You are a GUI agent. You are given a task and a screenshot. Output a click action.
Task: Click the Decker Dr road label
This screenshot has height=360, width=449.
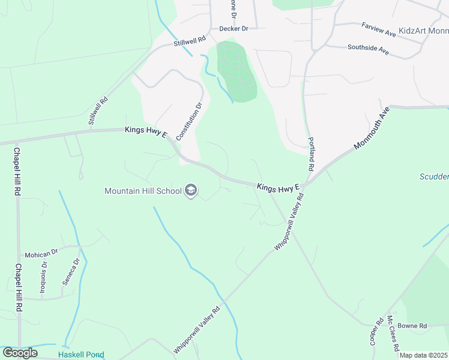tap(234, 28)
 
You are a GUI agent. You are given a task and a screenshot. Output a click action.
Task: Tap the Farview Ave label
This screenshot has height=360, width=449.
tap(379, 27)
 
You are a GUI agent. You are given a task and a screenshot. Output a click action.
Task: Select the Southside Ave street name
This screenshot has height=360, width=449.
tap(368, 49)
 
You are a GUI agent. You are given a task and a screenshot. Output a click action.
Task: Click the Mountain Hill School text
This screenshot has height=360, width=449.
tap(143, 191)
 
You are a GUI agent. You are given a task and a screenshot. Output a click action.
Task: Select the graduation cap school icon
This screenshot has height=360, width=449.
tap(191, 191)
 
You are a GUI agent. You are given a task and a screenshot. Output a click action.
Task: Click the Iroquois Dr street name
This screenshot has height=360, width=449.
tap(43, 279)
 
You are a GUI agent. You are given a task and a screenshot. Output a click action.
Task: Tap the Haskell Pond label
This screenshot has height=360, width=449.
tap(81, 355)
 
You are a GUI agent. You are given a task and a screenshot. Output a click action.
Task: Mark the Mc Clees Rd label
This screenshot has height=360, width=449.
tap(393, 333)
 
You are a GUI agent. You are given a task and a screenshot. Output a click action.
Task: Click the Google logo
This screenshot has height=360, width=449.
tap(20, 353)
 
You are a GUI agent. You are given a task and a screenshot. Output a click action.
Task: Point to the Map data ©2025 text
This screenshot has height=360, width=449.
tap(424, 355)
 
